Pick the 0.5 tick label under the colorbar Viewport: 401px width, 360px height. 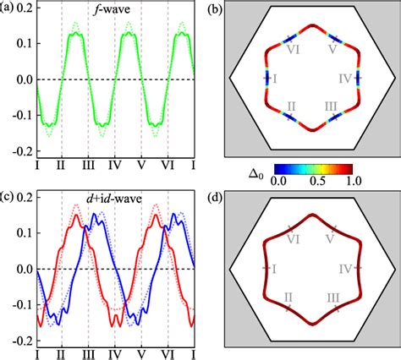321,180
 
